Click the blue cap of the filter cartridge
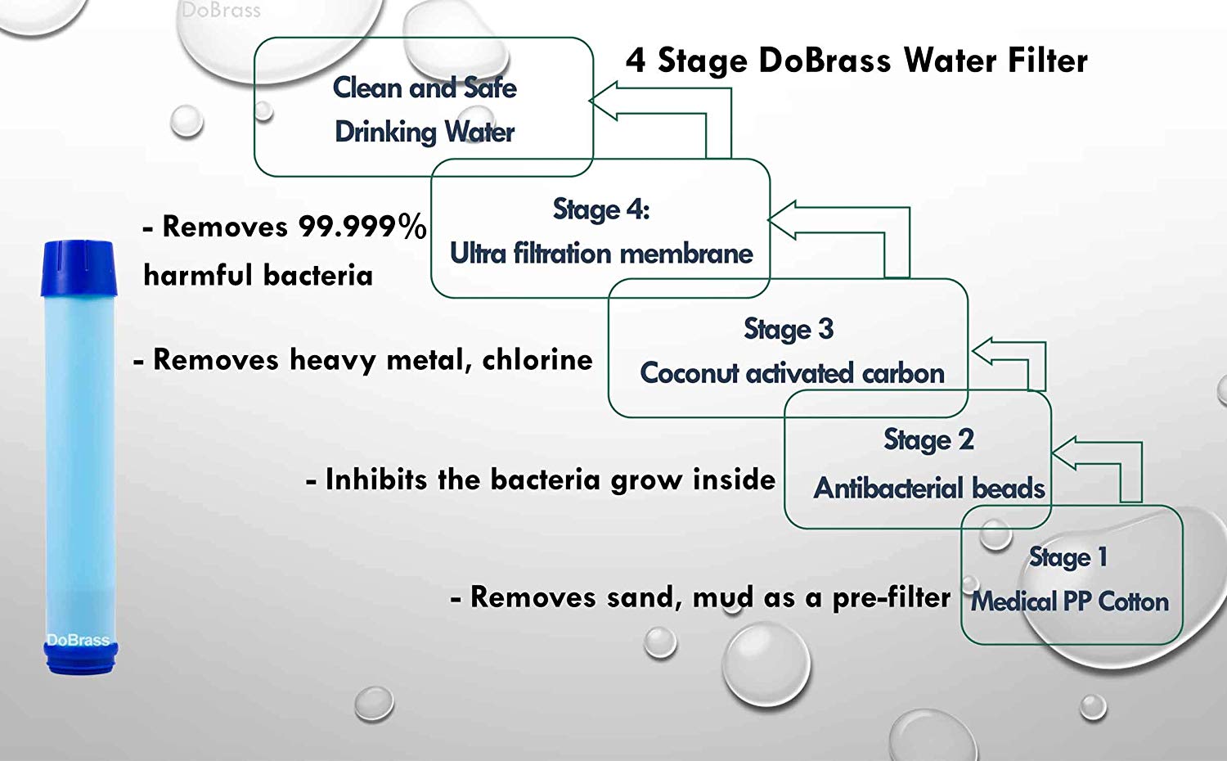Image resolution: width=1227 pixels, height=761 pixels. (x=78, y=267)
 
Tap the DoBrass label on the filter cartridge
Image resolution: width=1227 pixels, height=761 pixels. (x=78, y=640)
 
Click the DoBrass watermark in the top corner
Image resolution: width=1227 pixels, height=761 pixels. (x=221, y=11)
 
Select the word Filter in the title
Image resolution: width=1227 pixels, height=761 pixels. (x=1048, y=61)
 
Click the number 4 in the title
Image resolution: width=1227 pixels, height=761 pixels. (x=636, y=61)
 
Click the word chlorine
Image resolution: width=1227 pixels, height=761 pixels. (x=537, y=359)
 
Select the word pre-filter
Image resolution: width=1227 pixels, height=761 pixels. (x=891, y=598)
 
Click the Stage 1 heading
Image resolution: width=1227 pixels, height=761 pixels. (x=1068, y=557)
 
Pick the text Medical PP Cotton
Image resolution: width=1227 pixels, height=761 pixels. (x=1070, y=601)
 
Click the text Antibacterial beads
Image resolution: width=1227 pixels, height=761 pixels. (x=929, y=489)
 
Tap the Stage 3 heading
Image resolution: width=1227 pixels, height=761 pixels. (x=789, y=329)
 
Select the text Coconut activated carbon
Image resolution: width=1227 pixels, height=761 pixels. (x=792, y=373)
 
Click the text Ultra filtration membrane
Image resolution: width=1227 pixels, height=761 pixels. (x=601, y=254)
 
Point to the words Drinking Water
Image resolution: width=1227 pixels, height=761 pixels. (x=425, y=132)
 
